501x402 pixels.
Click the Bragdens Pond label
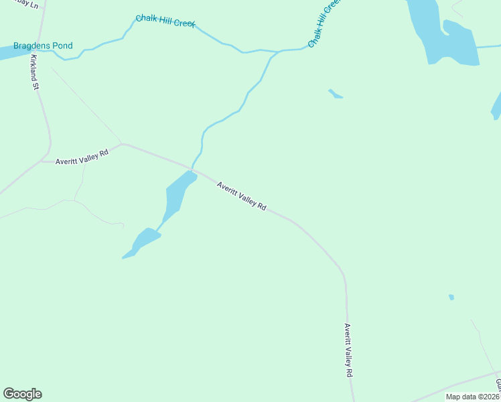pyautogui.click(x=43, y=46)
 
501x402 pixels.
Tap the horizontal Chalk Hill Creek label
pyautogui.click(x=165, y=21)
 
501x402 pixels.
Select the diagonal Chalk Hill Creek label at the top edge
pyautogui.click(x=325, y=25)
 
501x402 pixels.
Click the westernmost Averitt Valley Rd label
pyautogui.click(x=82, y=157)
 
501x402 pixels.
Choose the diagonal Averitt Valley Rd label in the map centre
pyautogui.click(x=242, y=196)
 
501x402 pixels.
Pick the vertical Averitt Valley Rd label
pyautogui.click(x=348, y=350)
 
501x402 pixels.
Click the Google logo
pyautogui.click(x=22, y=393)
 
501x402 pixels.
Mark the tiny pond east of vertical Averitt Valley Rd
pyautogui.click(x=451, y=297)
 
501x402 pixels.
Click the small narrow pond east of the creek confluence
pyautogui.click(x=335, y=94)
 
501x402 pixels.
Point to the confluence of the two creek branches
pyautogui.click(x=276, y=52)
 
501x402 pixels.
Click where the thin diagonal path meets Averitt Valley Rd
pyautogui.click(x=121, y=143)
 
